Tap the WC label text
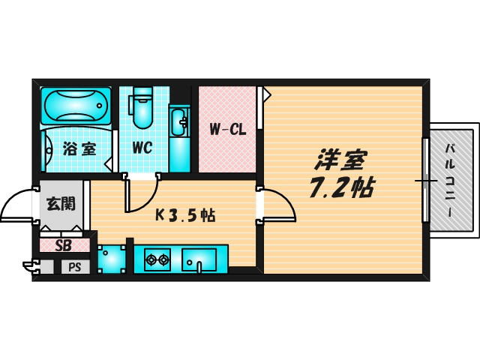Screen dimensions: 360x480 (142, 147)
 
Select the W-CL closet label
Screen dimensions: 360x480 (227, 129)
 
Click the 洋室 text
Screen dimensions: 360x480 (340, 159)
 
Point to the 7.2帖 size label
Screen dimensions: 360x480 (341, 187)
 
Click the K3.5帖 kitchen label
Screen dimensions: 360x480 (185, 215)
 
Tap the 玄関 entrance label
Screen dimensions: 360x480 (60, 203)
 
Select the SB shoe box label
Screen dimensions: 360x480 (63, 245)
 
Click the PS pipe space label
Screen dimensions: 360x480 (74, 267)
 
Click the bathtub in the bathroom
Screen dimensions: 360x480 (76, 106)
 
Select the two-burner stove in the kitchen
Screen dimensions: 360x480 (157, 260)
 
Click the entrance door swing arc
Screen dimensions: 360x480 (16, 204)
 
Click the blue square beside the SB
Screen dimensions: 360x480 (111, 259)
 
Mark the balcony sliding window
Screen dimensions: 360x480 (424, 180)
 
